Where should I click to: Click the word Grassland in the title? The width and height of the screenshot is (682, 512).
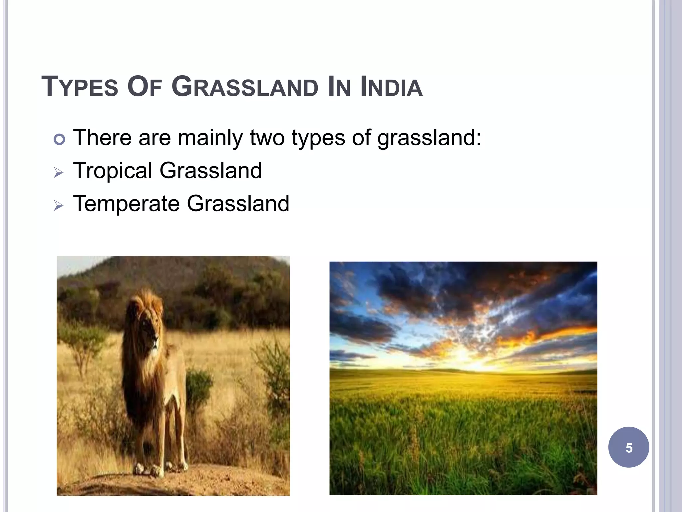[x=245, y=87]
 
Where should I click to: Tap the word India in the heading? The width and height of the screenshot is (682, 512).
[x=391, y=87]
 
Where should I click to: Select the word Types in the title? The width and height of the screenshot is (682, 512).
[x=80, y=87]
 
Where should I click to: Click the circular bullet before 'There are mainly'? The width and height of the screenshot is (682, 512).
[x=59, y=139]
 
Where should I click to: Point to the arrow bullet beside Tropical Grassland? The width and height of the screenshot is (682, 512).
[x=59, y=172]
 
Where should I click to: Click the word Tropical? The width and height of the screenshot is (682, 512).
[x=113, y=171]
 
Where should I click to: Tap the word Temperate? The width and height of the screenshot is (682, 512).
[x=126, y=204]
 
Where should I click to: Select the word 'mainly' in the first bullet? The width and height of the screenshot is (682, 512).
[x=210, y=138]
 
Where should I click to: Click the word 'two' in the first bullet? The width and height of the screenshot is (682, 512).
[x=267, y=138]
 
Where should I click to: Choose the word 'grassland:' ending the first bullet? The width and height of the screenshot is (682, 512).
[x=429, y=138]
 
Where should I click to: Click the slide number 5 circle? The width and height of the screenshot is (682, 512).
[x=628, y=447]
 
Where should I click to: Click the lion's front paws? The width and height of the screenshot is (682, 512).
[x=150, y=469]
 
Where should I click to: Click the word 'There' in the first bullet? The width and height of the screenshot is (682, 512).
[x=102, y=138]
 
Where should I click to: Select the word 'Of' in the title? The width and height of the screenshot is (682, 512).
[x=145, y=87]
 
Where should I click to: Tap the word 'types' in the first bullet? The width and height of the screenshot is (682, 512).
[x=318, y=138]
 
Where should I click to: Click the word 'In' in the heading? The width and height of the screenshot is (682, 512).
[x=339, y=87]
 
